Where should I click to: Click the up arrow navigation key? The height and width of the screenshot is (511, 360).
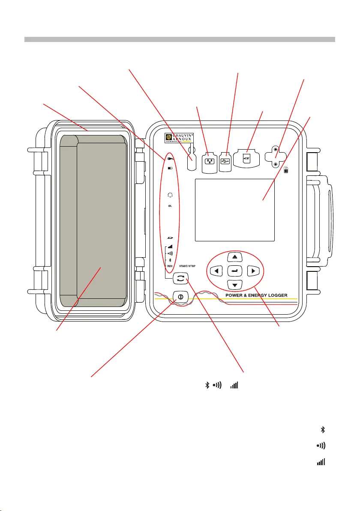pyautogui.click(x=234, y=256)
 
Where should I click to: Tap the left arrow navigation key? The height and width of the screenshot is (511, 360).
pyautogui.click(x=217, y=271)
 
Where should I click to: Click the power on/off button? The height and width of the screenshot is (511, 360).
pyautogui.click(x=180, y=296)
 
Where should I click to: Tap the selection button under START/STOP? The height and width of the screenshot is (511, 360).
pyautogui.click(x=180, y=279)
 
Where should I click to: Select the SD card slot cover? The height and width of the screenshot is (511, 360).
pyautogui.click(x=246, y=159)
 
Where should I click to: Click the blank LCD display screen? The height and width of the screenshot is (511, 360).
pyautogui.click(x=234, y=210)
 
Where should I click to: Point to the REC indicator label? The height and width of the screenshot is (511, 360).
pyautogui.click(x=170, y=266)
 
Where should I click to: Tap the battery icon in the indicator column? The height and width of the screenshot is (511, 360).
pyautogui.click(x=170, y=168)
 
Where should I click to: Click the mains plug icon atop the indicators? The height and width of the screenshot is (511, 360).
pyautogui.click(x=170, y=160)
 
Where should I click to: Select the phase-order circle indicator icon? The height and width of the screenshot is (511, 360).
pyautogui.click(x=170, y=195)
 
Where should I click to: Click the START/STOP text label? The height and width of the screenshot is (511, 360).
pyautogui.click(x=187, y=266)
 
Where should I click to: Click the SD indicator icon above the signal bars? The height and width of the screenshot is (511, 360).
pyautogui.click(x=170, y=237)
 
